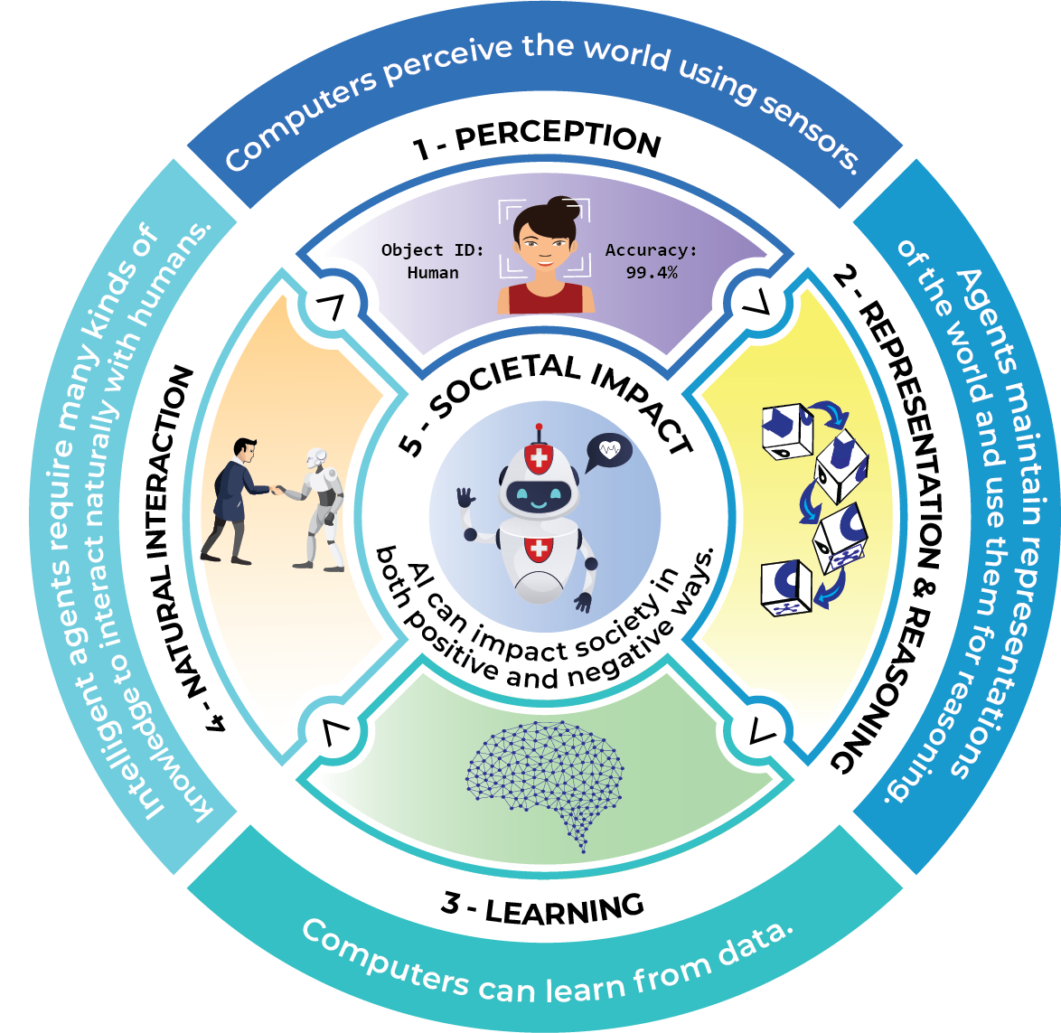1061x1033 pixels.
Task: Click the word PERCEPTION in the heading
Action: point(558,137)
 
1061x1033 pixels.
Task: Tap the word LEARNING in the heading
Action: point(564,908)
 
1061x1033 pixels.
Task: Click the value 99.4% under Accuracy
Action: point(651,273)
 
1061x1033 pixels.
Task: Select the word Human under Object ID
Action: point(433,273)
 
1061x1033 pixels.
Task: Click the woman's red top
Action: point(545,298)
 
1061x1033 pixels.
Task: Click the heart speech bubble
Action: point(608,451)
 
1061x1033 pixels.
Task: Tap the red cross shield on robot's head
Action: point(539,458)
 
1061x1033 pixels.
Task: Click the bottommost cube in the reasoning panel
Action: point(786,587)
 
